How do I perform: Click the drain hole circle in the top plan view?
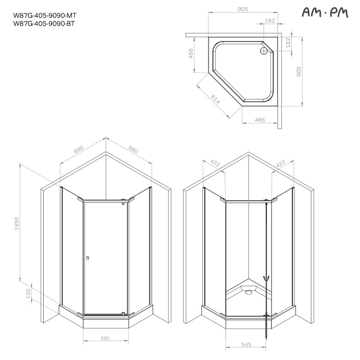tap(264, 51)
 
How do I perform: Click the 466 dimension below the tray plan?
tap(260, 120)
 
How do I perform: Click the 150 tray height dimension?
tap(28, 293)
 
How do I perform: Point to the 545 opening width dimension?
tap(246, 344)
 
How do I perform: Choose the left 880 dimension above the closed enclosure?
tap(79, 150)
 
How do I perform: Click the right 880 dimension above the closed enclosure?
tap(133, 150)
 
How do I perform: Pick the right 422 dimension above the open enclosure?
tap(281, 164)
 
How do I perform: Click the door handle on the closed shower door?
tap(88, 258)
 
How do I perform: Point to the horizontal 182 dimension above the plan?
tap(270, 21)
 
